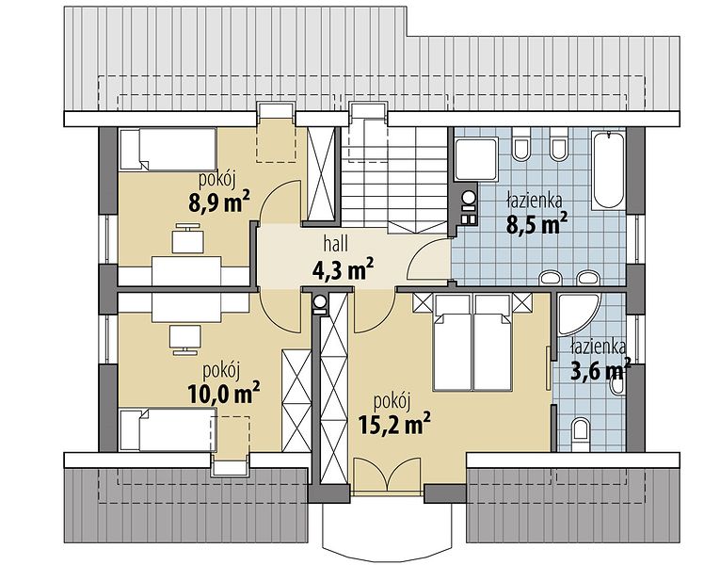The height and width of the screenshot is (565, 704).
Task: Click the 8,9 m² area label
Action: [219, 202]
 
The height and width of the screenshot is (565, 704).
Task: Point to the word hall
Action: [336, 244]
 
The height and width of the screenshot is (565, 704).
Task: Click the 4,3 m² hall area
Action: [343, 268]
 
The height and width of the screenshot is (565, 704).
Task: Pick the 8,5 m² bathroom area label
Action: [537, 223]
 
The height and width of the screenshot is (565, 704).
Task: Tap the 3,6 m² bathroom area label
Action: [600, 369]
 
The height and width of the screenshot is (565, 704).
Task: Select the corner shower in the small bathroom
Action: [578, 315]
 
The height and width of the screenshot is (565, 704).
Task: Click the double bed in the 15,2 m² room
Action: [472, 342]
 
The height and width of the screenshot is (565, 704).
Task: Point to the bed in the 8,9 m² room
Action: [168, 149]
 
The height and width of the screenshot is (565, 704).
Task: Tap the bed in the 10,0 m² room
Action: [168, 429]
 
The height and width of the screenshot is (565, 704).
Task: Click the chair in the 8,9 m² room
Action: [188, 238]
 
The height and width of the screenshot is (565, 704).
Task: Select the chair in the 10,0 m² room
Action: [185, 340]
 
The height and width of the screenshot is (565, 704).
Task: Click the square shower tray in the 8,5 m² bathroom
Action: [476, 159]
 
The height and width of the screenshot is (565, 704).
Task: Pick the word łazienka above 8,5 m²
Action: [534, 201]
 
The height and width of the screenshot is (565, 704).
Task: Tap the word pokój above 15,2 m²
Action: [392, 401]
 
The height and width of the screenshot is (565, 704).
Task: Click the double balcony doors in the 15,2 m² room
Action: [387, 475]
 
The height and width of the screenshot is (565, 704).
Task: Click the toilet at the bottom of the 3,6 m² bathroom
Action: [581, 430]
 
